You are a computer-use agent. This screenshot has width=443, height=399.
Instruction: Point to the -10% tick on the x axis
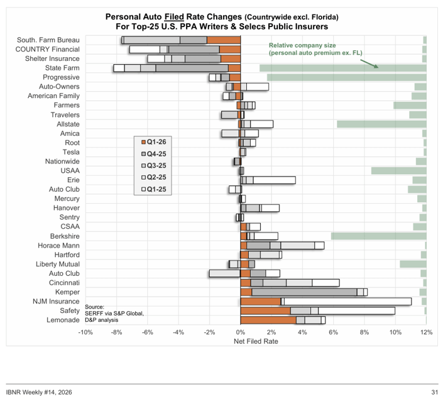pyautogui.click(x=85, y=332)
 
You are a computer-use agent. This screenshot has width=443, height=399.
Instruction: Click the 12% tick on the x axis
pyautogui.click(x=427, y=332)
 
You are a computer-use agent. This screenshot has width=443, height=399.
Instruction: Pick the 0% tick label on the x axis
pyautogui.click(x=241, y=332)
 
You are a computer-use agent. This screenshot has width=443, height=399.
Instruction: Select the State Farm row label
pyautogui.click(x=63, y=68)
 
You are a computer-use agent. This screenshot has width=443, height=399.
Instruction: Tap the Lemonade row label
pyautogui.click(x=63, y=320)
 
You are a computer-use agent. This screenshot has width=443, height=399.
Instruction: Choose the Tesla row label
pyautogui.click(x=71, y=152)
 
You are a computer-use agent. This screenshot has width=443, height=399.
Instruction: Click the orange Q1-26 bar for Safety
pyautogui.click(x=265, y=310)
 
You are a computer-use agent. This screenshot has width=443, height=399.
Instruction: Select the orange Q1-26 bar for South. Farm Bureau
pyautogui.click(x=224, y=40)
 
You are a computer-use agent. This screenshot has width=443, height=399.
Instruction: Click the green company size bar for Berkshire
pyautogui.click(x=379, y=236)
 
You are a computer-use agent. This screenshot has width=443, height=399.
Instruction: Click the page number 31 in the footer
pyautogui.click(x=434, y=392)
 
